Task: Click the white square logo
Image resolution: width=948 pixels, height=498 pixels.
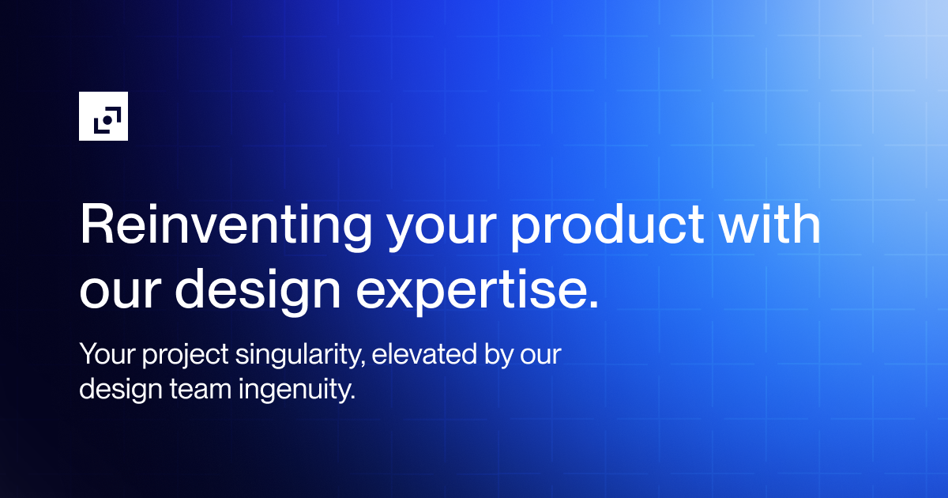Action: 103,116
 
